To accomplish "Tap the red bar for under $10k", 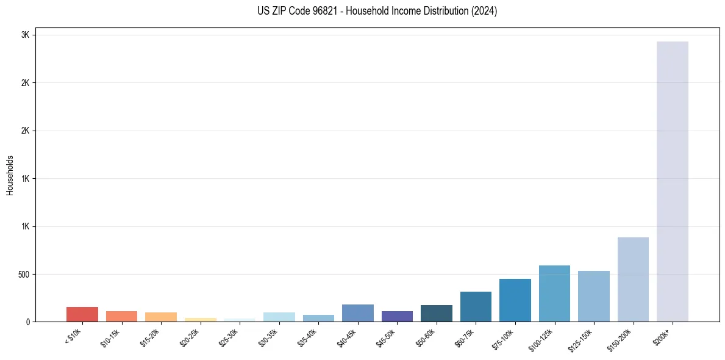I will click(82, 314).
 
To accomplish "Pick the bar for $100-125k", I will click(554, 293).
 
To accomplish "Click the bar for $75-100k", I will click(515, 300).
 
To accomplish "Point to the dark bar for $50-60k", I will click(437, 313).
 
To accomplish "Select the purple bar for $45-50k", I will click(397, 316).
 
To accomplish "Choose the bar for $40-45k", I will click(358, 313).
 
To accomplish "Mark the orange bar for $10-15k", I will click(121, 316).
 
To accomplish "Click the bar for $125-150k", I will click(594, 296).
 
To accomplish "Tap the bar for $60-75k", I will click(476, 306).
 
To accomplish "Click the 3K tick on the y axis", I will click(26, 35).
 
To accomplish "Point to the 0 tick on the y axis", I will click(27, 322).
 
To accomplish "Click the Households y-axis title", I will click(10, 175).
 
